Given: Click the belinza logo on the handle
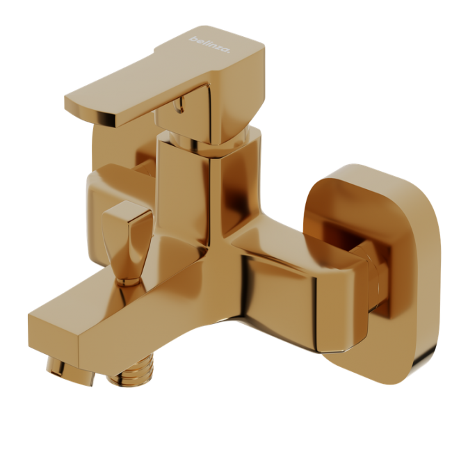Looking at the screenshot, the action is [209, 44].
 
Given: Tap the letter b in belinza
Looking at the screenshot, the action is [192, 38].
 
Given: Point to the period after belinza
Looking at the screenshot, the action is [229, 52].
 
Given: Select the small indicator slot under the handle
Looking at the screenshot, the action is [181, 104].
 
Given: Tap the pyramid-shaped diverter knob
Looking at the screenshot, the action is [127, 240].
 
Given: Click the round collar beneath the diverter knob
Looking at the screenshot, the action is [128, 282].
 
